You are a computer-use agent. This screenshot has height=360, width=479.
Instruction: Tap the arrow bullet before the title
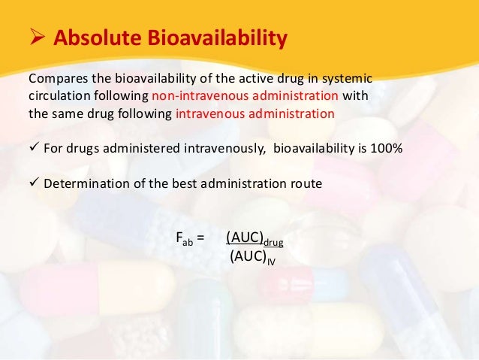37,38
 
